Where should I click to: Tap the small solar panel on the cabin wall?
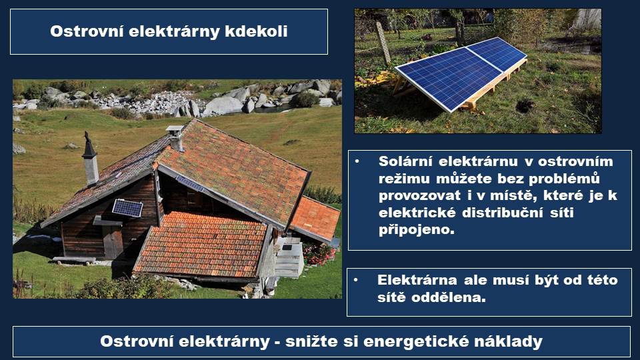[x=127, y=208]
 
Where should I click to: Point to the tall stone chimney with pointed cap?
[x=90, y=159]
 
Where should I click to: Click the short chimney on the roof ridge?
[x=175, y=138]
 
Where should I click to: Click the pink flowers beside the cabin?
[x=319, y=254]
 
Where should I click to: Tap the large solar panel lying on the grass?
[x=461, y=74]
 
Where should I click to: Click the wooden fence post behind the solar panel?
[x=383, y=43]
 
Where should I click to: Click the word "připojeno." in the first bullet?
[x=416, y=230]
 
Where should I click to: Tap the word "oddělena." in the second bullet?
[x=448, y=297]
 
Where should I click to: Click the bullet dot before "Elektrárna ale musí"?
[x=356, y=280]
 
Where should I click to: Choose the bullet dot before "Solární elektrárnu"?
[x=357, y=161]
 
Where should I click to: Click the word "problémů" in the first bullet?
[x=564, y=179]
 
